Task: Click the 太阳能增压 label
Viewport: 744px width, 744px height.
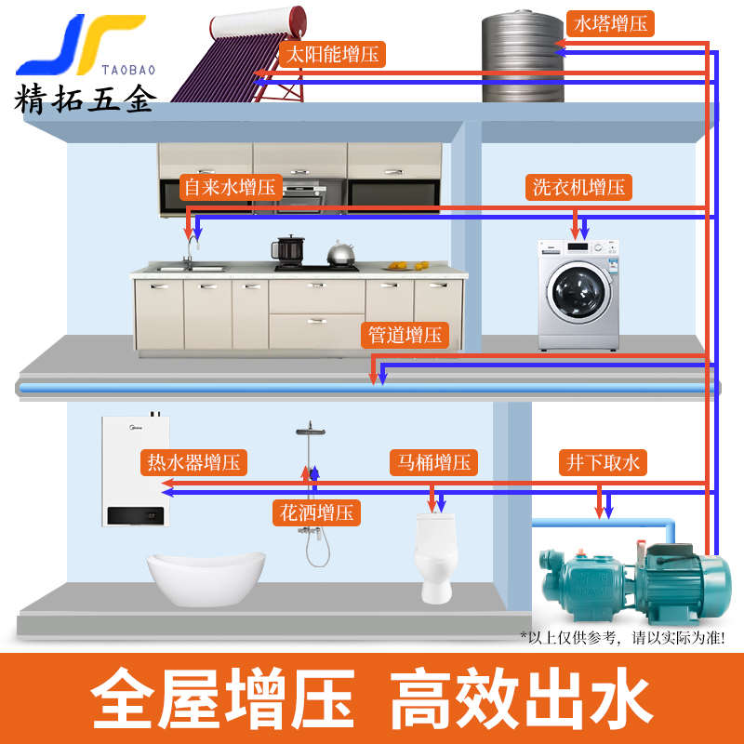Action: [332, 53]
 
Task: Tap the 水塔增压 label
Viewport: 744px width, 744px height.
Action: [609, 23]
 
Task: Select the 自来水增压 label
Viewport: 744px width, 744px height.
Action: [230, 187]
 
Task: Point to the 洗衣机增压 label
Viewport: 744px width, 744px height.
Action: [578, 187]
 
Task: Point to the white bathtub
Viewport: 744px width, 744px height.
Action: [206, 577]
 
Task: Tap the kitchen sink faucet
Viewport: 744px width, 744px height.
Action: [190, 249]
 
